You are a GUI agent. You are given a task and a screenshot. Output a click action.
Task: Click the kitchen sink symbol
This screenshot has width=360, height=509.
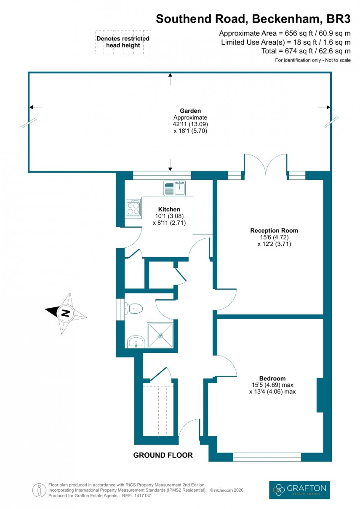pos(175,188)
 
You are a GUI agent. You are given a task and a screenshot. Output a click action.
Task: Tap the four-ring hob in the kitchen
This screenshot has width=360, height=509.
pos(133,207)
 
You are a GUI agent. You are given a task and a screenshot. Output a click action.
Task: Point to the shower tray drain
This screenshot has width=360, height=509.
pos(160,336)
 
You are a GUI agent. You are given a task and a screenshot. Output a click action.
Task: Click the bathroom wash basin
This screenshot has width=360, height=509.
pos(136,341)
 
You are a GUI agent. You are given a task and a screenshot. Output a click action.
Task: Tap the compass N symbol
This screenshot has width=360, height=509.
pos(65,313)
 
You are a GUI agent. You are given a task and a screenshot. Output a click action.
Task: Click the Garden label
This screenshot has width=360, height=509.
pos(190,111)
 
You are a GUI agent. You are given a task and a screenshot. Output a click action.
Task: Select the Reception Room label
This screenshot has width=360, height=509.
pos(274,230)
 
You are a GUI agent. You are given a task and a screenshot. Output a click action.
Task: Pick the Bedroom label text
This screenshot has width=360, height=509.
pos(272,378)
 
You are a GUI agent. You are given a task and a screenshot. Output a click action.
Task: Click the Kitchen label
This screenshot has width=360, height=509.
pos(169,209)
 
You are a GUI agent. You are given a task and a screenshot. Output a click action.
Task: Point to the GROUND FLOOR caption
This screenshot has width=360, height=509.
pos(163,455)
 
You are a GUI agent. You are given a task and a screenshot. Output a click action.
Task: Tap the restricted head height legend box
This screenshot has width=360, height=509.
pos(123,42)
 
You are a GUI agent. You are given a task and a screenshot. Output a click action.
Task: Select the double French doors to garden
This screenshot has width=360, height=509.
pos(265,164)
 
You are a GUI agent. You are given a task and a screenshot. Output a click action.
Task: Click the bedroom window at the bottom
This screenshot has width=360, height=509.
pos(267,457)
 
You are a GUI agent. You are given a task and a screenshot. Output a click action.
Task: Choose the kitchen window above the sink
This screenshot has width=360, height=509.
pos(162,175)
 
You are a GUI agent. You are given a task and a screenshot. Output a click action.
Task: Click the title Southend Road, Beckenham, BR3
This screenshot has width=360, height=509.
pos(253,19)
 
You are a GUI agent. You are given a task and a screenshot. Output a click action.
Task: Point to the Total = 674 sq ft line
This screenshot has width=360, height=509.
pos(306,51)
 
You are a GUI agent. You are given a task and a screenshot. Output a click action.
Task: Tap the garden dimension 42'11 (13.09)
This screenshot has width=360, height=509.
pos(190,124)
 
